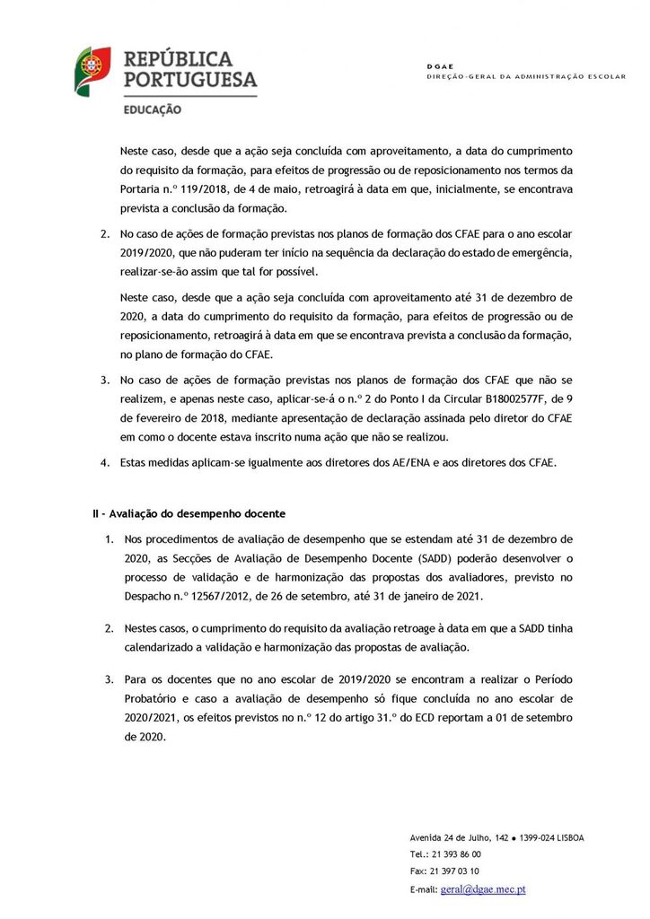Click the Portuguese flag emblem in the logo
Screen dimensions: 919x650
[x=92, y=71]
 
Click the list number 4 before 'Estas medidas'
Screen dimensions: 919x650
[x=104, y=462]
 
